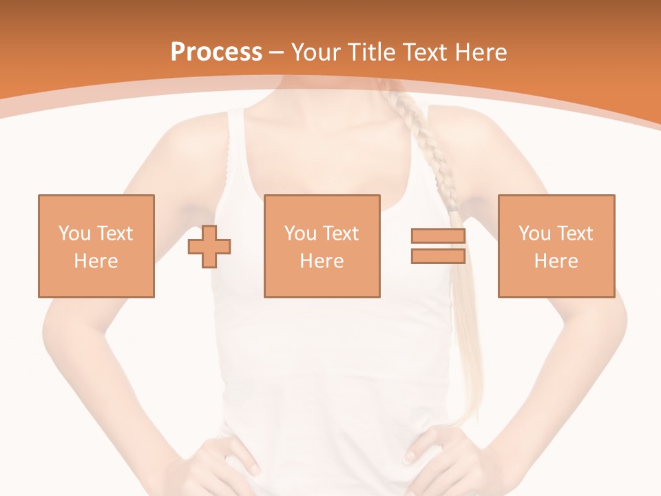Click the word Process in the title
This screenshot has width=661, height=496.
(x=216, y=52)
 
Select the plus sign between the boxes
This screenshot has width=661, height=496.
(x=209, y=246)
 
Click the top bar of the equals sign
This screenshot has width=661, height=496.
(x=438, y=236)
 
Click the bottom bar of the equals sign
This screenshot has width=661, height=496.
(x=438, y=256)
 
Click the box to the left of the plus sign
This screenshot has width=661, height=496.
(x=96, y=246)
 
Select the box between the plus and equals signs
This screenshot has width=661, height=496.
(x=322, y=246)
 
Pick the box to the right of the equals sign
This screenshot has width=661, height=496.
(x=556, y=246)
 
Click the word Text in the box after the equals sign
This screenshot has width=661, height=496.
(x=574, y=234)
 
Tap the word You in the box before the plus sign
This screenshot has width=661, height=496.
(x=74, y=234)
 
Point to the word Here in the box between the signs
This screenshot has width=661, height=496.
(x=322, y=261)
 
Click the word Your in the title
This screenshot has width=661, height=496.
(x=314, y=52)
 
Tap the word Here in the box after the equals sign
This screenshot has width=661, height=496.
(x=556, y=261)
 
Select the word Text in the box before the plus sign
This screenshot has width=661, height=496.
(x=114, y=234)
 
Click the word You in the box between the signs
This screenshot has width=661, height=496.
(x=300, y=234)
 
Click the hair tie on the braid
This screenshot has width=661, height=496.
(x=453, y=205)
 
